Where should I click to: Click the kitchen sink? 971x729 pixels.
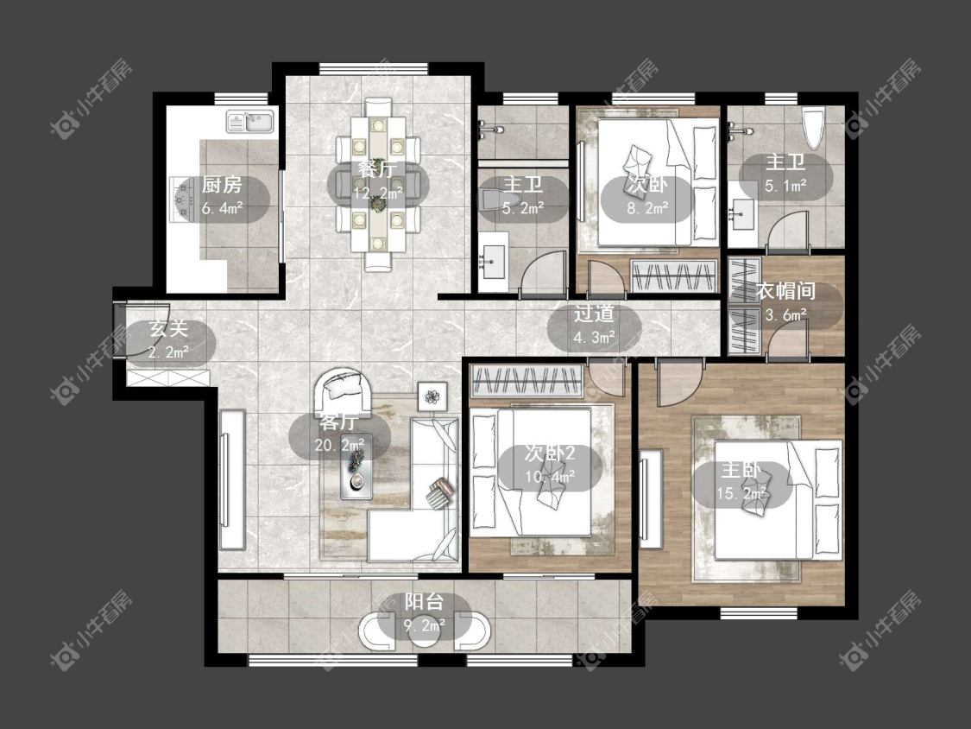[250, 122]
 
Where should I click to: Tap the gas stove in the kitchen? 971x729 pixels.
[181, 199]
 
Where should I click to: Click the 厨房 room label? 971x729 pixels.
[222, 184]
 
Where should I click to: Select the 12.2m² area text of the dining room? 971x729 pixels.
[378, 193]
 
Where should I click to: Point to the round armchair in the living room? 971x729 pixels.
[344, 390]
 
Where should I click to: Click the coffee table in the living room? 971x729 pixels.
[356, 466]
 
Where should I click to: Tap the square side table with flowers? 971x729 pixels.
[433, 396]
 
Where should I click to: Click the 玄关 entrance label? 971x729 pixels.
[169, 328]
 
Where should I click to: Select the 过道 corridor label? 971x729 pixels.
[594, 313]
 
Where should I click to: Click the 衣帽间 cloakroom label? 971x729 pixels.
[785, 291]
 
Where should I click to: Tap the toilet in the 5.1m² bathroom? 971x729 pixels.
[813, 129]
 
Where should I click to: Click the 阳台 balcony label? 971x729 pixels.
[425, 601]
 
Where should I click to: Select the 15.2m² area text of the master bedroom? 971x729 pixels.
[741, 493]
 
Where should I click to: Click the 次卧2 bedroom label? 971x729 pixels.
[550, 453]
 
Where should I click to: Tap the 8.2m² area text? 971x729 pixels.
[647, 208]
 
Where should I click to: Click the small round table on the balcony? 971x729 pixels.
[425, 631]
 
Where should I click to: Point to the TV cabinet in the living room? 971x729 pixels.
[231, 479]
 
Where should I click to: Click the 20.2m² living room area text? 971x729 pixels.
[339, 445]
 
